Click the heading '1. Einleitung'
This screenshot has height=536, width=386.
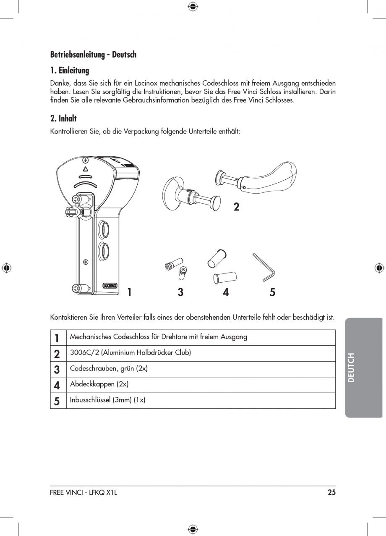pos(70,70)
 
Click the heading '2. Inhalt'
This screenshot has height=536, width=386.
pos(63,118)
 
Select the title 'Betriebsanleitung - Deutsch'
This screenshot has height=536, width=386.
pos(93,54)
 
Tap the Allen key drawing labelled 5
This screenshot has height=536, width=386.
pos(263,267)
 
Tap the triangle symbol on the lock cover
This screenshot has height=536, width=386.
pos(85,169)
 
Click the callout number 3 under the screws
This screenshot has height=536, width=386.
pos(180,292)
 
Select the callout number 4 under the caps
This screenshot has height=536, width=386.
pos(226,292)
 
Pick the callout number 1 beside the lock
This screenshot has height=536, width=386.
pos(130,292)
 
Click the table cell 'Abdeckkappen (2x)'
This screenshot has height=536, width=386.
pos(99,384)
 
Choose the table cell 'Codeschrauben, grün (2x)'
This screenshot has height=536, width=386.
pos(109,368)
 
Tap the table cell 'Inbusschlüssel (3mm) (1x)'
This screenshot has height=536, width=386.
pos(107,400)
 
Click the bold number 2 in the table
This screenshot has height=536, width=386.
pos(57,354)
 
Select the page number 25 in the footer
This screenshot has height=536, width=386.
pos(331,492)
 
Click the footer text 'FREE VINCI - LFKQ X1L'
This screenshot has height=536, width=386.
pos(83,492)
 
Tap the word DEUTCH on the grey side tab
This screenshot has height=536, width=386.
pos(352,368)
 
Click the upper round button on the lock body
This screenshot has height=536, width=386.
pos(103,229)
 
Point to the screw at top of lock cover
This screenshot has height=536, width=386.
pos(86,160)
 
